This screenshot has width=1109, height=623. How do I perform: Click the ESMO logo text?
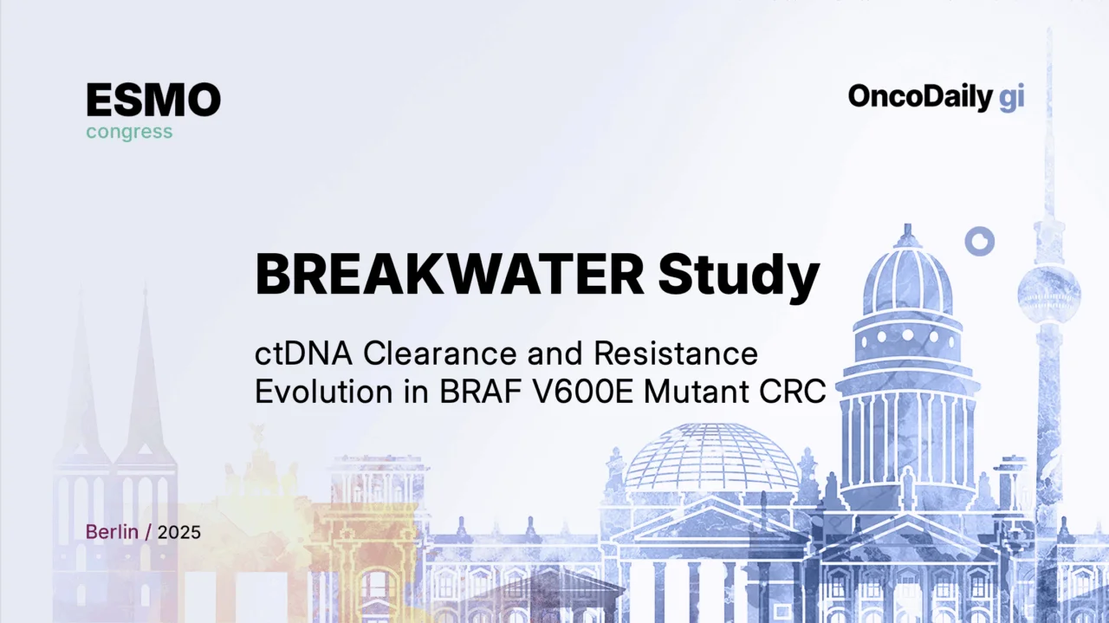pyautogui.click(x=152, y=101)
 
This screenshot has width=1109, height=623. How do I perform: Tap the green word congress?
pyautogui.click(x=129, y=133)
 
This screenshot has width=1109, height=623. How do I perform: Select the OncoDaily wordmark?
pyautogui.click(x=918, y=97)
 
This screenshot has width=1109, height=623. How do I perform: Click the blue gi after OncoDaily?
pyautogui.click(x=1011, y=98)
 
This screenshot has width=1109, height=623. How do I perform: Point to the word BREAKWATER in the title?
pyautogui.click(x=450, y=275)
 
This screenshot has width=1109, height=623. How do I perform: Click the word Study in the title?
pyautogui.click(x=738, y=276)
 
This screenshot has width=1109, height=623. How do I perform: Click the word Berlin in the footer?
pyautogui.click(x=112, y=532)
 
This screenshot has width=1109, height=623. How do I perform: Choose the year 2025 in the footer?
pyautogui.click(x=178, y=532)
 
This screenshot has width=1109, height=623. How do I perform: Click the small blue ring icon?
pyautogui.click(x=979, y=241)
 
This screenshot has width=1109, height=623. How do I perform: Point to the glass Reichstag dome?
pyautogui.click(x=711, y=459)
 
